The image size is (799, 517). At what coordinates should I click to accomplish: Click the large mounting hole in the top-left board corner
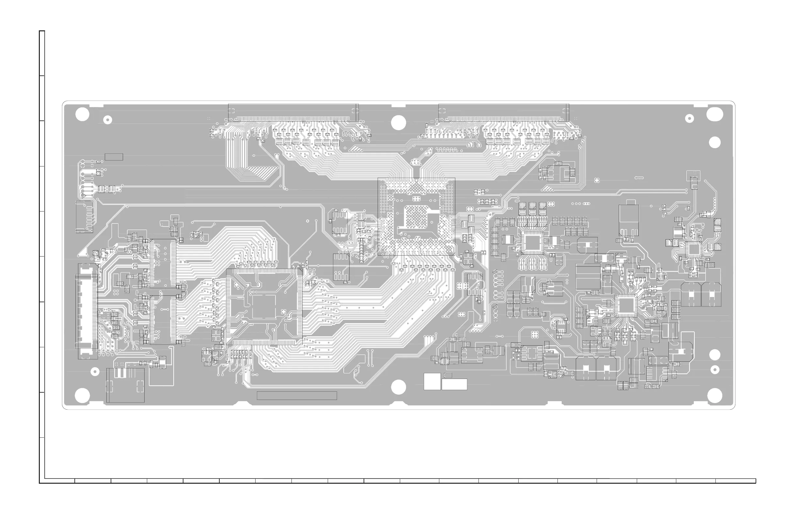pos(82,115)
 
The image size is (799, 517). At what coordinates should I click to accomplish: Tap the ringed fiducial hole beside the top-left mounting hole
pos(107,120)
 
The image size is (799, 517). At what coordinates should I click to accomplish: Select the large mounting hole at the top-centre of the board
pos(399,122)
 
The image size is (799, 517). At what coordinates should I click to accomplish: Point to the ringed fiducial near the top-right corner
pos(689,118)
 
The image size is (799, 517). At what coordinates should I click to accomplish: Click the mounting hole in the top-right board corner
pos(714,114)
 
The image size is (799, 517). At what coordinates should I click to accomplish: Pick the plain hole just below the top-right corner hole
pos(715,142)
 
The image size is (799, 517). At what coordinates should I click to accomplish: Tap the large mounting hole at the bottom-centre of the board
pos(399,387)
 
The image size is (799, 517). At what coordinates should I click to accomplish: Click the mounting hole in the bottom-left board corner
pos(82,395)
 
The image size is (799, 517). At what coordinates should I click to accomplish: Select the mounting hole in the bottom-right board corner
pos(714,395)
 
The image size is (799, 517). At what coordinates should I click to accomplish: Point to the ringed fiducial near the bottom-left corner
pos(95,372)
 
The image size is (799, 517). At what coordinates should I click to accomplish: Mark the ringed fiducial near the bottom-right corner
pos(715,370)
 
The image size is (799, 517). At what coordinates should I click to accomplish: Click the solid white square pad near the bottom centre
pos(432,381)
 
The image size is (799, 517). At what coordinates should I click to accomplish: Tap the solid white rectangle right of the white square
pos(454,384)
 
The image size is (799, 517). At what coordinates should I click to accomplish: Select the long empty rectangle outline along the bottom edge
pos(297,396)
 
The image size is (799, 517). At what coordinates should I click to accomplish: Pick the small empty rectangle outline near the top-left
pos(114,157)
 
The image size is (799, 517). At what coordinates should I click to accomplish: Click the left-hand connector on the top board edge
pos(293,113)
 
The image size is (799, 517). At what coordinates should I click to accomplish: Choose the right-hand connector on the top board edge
pos(504,113)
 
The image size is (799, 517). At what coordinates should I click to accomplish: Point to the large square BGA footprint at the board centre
pos(416,216)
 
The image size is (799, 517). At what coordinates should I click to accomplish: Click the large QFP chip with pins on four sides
pos(264,306)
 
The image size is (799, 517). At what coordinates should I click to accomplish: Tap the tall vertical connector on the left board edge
pos(86,310)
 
